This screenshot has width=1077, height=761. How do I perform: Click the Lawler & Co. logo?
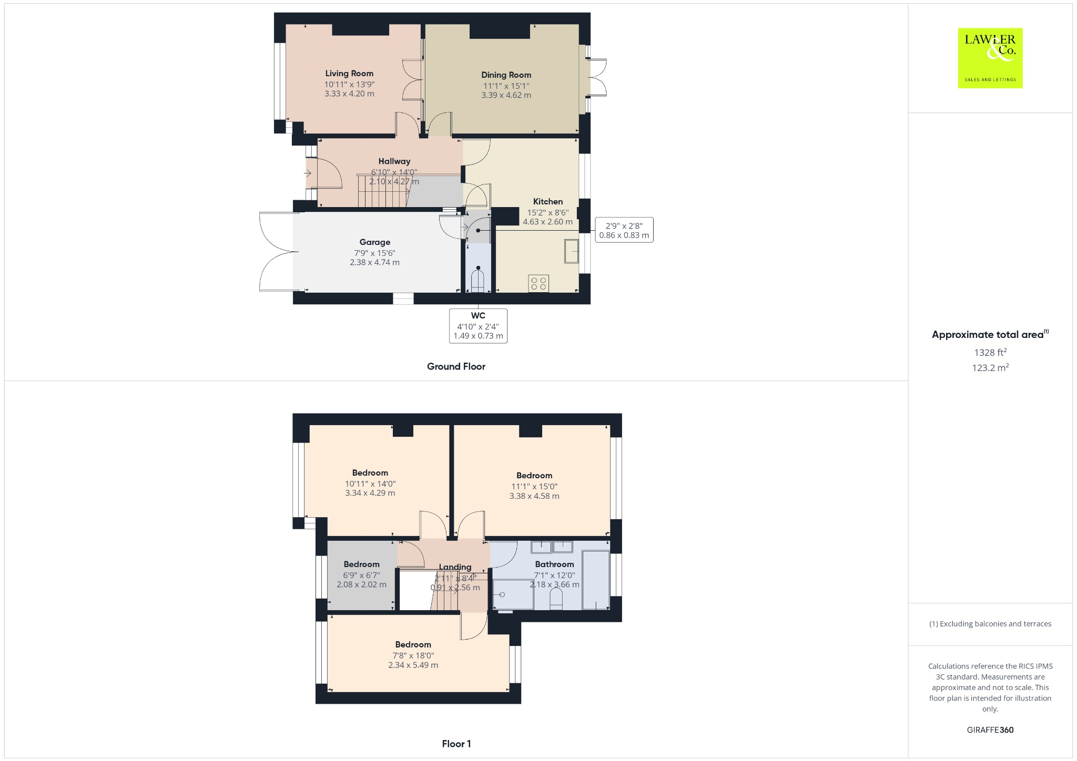tap(990, 58)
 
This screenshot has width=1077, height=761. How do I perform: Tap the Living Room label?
tap(349, 74)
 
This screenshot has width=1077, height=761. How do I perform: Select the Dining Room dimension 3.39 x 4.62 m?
tap(506, 95)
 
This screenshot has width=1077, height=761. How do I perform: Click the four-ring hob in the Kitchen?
tap(538, 284)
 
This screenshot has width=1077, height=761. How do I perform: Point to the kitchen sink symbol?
tap(571, 251)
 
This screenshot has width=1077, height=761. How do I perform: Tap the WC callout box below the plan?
tap(478, 326)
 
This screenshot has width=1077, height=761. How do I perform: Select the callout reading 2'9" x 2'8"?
tap(624, 230)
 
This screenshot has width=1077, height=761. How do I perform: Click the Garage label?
tap(374, 242)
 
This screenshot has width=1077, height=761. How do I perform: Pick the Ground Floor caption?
tap(456, 366)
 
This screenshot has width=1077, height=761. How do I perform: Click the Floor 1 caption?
tap(456, 744)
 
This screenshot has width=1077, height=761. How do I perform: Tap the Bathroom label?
tap(554, 564)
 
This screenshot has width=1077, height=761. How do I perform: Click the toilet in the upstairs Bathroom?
tap(556, 599)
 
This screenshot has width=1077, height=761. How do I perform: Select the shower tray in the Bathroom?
tap(513, 594)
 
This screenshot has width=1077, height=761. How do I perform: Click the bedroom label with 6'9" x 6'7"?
tap(361, 564)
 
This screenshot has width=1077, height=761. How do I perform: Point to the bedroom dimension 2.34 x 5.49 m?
tap(413, 665)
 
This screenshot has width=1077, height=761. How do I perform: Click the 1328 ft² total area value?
tap(990, 352)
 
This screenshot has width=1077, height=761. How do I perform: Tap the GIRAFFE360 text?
tap(990, 729)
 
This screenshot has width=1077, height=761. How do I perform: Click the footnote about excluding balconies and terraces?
tap(990, 624)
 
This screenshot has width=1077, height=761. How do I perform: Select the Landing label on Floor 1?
tap(455, 567)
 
